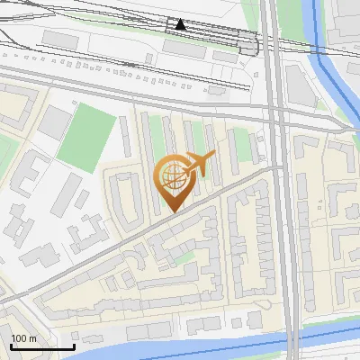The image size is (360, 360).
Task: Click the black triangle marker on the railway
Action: [x=181, y=25]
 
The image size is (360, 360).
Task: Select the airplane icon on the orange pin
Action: [x=200, y=164]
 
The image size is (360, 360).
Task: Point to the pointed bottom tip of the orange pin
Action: [x=171, y=211]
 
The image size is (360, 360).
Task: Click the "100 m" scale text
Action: [x=25, y=337]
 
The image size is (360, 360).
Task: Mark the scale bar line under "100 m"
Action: [x=42, y=346]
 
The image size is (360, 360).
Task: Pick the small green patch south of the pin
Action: [x=184, y=258]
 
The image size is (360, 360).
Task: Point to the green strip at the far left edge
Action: [x=4, y=144]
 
